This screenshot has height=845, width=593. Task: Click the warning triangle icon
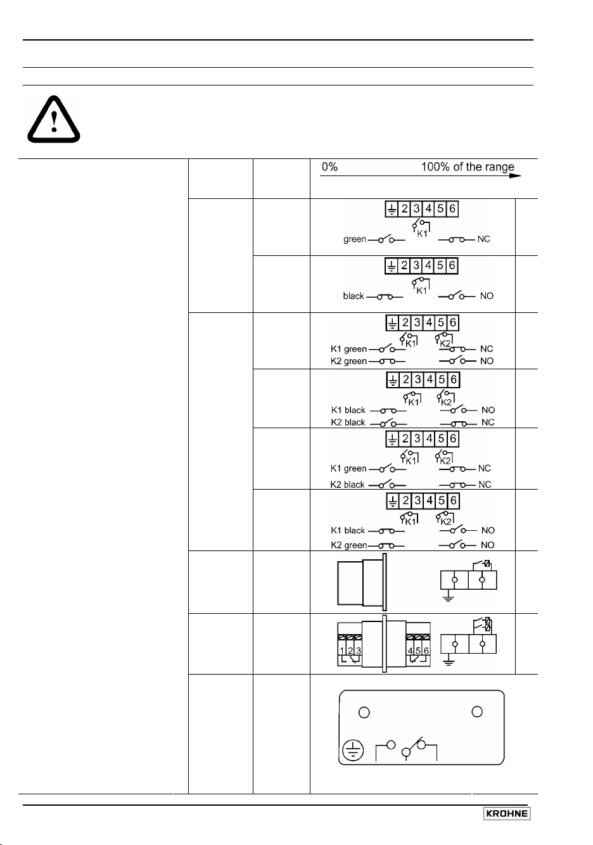(54, 119)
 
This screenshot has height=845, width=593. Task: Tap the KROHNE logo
(507, 813)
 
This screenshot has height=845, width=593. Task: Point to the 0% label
(329, 167)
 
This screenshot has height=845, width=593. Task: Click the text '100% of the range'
(468, 167)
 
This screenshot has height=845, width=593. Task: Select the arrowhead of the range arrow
(515, 176)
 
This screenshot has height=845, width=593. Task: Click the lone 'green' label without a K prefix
(355, 239)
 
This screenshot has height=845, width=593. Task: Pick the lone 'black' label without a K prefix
(353, 296)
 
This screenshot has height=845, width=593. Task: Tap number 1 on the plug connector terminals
(341, 651)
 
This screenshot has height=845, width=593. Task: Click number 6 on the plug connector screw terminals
(426, 651)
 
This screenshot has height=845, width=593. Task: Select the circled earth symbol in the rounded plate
(353, 750)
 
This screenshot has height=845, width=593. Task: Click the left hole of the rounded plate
(364, 712)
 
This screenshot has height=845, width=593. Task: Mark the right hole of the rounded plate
(477, 711)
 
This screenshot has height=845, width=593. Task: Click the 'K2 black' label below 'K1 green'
(347, 485)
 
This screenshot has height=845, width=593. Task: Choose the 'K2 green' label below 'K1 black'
(348, 545)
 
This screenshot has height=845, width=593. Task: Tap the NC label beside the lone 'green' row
(483, 239)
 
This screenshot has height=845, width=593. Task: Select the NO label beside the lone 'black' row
(487, 296)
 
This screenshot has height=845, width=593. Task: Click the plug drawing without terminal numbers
(362, 582)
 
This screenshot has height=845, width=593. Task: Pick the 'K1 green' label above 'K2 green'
(348, 349)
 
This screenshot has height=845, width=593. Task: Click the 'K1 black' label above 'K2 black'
(348, 410)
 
